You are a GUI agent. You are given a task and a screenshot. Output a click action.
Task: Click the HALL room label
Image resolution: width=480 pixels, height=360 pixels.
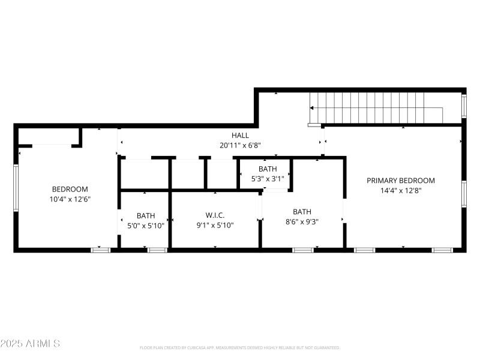(x=240, y=136)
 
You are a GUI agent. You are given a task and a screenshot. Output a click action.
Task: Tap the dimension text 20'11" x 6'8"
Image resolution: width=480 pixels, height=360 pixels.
(x=240, y=145)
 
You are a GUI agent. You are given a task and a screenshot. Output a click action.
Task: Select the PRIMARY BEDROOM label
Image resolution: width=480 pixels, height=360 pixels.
(x=401, y=181)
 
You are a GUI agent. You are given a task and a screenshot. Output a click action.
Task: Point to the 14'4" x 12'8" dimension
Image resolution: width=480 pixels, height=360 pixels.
(x=401, y=191)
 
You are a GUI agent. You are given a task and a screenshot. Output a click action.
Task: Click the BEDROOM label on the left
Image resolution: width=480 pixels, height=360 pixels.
(x=70, y=189)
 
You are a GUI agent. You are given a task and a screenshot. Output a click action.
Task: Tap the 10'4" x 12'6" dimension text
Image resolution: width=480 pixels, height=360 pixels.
(x=70, y=199)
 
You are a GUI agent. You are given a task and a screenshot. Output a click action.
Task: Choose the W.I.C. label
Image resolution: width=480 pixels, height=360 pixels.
(x=215, y=215)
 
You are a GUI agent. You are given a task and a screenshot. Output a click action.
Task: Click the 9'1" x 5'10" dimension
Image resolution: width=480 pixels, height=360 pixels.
(x=215, y=226)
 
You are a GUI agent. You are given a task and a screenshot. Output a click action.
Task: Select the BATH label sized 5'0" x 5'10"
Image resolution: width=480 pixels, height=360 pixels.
(x=146, y=215)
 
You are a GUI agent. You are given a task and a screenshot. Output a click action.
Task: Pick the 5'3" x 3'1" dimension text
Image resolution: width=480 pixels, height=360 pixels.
(x=268, y=179)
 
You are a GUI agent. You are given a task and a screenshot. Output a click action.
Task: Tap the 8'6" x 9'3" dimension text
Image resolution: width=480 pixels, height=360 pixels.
(x=302, y=221)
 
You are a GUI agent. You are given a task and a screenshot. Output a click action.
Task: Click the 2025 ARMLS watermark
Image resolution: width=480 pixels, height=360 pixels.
(x=30, y=344)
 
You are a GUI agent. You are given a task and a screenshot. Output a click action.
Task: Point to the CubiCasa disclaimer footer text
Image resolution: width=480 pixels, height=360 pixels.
(x=240, y=347)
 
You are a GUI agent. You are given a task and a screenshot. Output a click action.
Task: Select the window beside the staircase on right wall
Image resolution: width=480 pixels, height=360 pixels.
(x=463, y=105)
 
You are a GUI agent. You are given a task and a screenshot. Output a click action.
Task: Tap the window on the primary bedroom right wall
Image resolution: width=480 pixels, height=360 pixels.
(x=464, y=194)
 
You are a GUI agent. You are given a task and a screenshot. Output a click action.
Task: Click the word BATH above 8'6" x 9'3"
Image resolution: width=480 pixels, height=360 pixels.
(x=302, y=212)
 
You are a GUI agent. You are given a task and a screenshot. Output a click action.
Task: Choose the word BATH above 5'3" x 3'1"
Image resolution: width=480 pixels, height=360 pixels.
(x=268, y=169)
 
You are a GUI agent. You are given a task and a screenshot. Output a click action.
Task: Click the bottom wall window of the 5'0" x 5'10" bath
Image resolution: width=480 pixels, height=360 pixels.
(x=157, y=250)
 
